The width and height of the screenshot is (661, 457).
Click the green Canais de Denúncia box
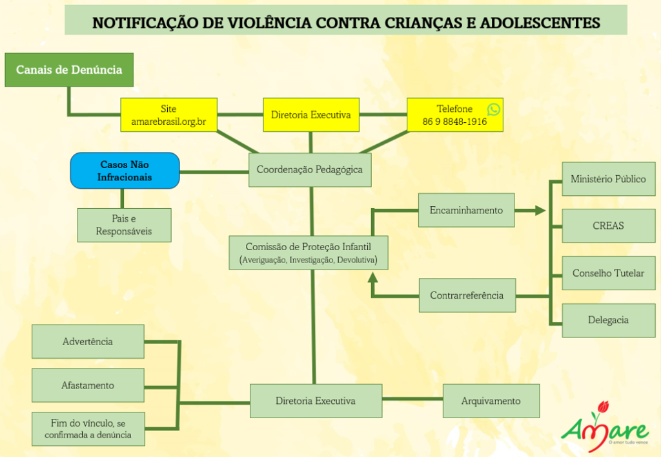[69, 70]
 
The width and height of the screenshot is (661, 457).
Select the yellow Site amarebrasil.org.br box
[168, 115]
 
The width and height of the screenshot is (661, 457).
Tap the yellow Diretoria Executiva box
[310, 115]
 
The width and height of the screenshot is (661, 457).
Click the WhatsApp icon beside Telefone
[494, 109]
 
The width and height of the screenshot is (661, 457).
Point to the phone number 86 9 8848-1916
[454, 122]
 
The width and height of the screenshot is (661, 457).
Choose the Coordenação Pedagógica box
[310, 170]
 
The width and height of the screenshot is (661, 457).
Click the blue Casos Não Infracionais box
[125, 171]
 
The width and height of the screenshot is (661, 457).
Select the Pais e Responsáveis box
[125, 225]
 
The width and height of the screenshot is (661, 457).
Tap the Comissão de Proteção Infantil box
[309, 253]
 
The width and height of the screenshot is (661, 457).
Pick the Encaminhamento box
[466, 210]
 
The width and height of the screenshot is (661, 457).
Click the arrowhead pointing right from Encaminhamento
[539, 210]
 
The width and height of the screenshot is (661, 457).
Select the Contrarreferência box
[467, 295]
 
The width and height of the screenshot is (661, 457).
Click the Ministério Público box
[608, 179]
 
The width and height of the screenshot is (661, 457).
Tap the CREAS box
[608, 226]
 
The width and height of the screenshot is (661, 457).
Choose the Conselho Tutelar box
[608, 273]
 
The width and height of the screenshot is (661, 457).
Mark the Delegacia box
[608, 320]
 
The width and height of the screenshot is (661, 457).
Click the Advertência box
[88, 341]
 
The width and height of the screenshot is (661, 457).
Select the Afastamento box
[88, 385]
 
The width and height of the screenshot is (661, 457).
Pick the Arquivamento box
[491, 401]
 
